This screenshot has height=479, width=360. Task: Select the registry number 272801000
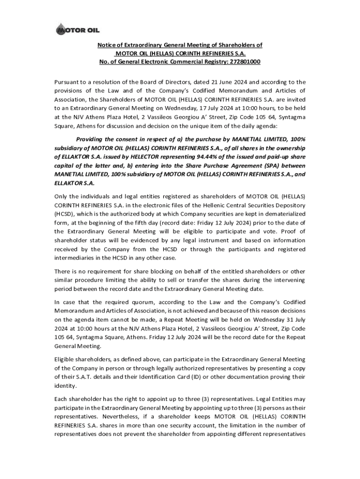(243, 62)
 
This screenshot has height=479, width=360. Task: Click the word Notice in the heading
(107, 45)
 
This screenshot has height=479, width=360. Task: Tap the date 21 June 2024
(220, 81)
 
